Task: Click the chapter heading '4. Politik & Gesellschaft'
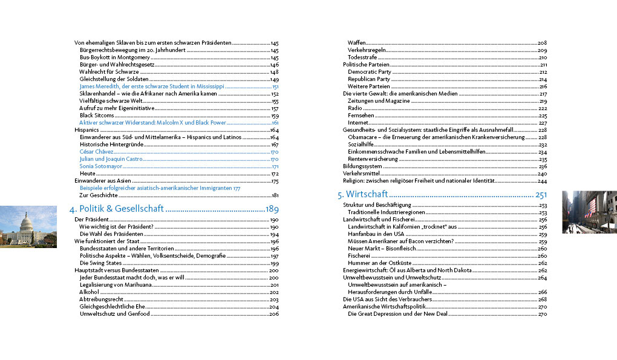click(x=115, y=209)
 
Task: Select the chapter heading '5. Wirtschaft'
click(x=362, y=195)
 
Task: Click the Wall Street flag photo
click(x=589, y=212)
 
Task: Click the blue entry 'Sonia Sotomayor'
click(x=101, y=166)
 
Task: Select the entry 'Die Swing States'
click(x=100, y=263)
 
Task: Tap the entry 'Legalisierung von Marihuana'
click(x=116, y=285)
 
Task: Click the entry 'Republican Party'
click(x=369, y=79)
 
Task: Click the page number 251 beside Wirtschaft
click(x=541, y=195)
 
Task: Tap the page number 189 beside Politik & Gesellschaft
click(x=272, y=209)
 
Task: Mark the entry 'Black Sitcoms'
click(x=97, y=116)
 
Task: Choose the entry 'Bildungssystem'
click(x=362, y=166)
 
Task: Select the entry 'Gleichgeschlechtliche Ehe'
click(x=114, y=307)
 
